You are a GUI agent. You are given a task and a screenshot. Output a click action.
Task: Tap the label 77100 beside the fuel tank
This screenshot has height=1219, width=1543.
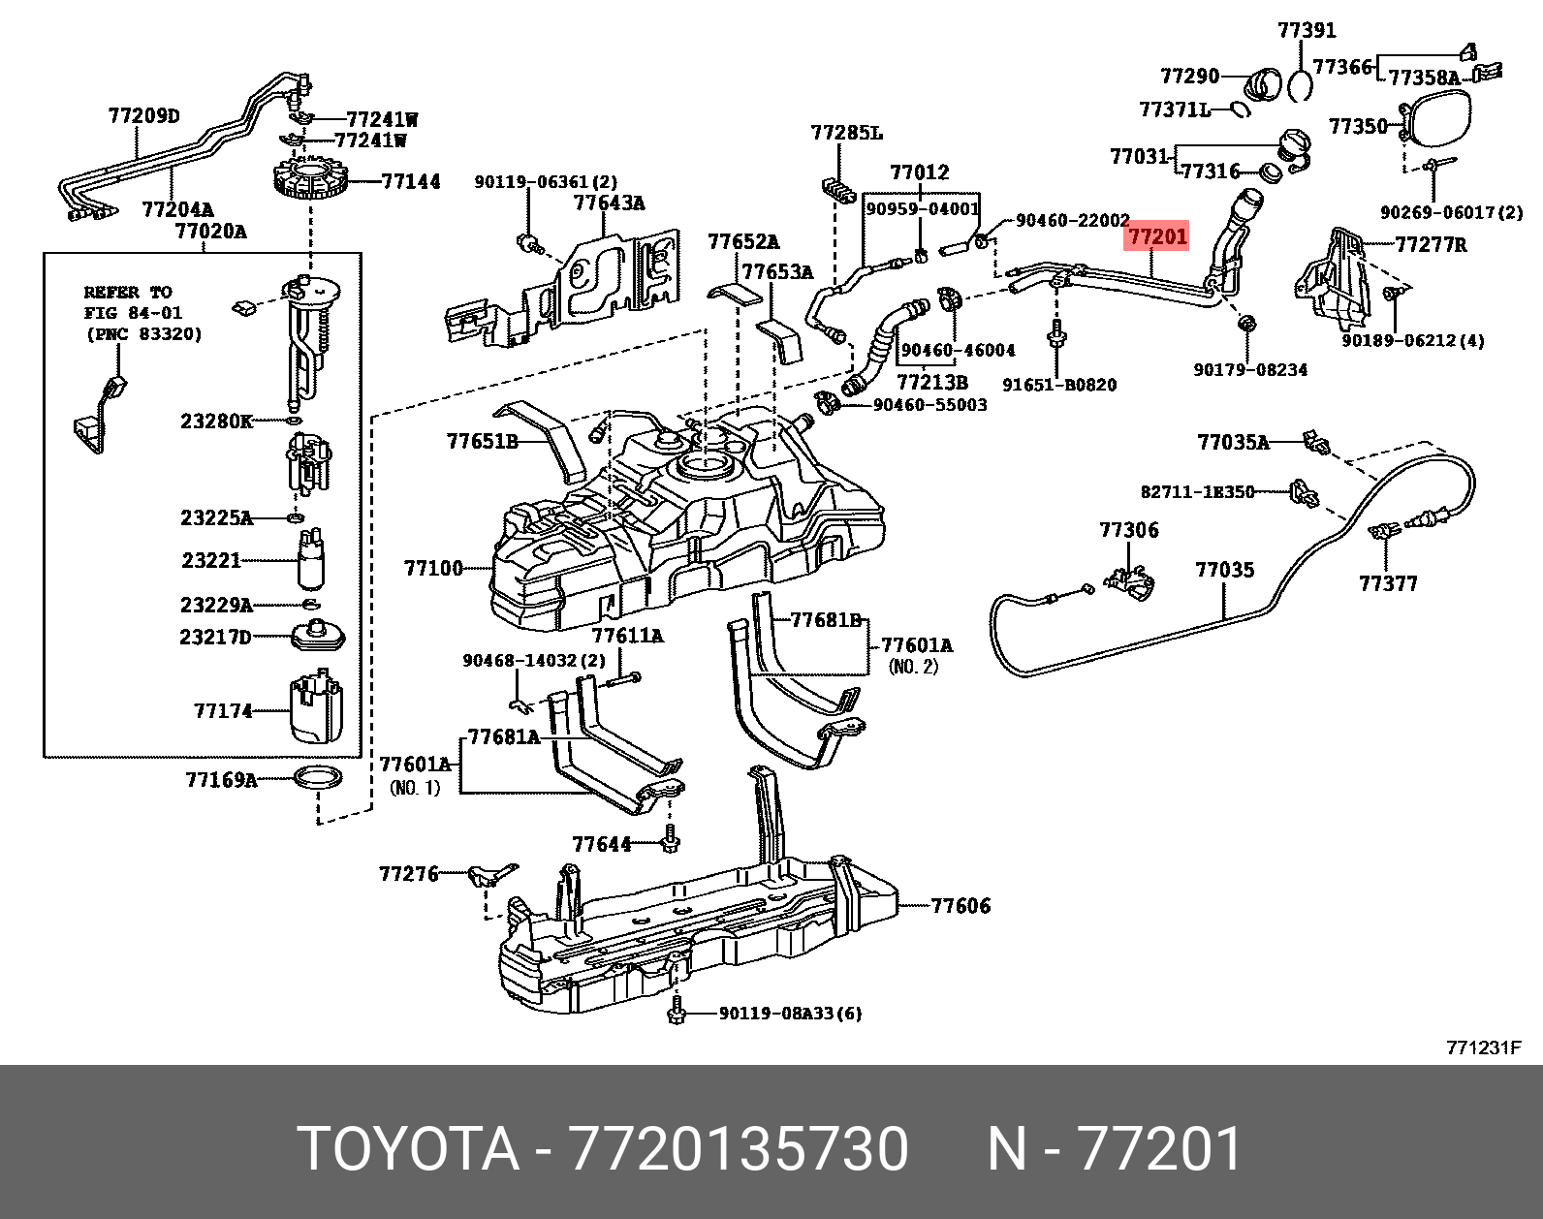(434, 569)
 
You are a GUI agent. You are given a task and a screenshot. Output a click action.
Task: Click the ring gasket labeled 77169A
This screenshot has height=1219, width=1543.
(318, 778)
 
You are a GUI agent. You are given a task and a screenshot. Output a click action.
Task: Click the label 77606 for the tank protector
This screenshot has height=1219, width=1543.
(960, 906)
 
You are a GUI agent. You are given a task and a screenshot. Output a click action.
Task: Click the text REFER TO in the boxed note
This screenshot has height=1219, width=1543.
(128, 292)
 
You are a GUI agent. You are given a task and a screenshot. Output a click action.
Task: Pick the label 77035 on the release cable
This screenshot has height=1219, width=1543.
(1225, 570)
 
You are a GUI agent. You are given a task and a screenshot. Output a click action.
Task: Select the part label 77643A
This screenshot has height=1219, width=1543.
(610, 203)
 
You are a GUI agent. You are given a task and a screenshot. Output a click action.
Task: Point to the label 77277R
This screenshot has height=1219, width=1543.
(1432, 244)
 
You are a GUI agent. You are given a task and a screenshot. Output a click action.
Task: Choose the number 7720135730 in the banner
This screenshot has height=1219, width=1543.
(739, 1148)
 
